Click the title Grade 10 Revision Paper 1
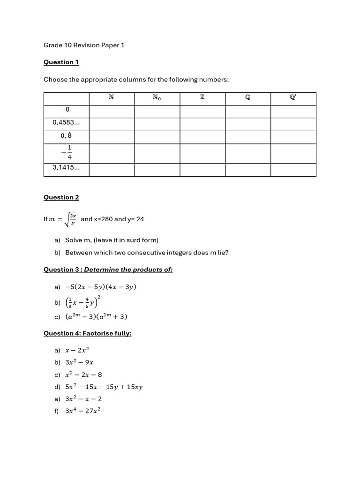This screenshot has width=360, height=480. click(83, 45)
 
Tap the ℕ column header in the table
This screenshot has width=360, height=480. click(111, 98)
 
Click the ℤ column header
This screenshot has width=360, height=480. click(202, 98)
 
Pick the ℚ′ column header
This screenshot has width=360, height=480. click(293, 98)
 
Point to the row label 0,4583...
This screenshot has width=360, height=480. click(66, 123)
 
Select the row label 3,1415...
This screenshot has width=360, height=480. click(66, 168)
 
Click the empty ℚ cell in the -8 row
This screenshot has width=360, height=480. click(247, 111)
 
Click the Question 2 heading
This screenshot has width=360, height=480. click(61, 197)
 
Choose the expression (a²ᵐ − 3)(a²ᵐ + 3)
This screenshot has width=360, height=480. click(96, 317)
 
